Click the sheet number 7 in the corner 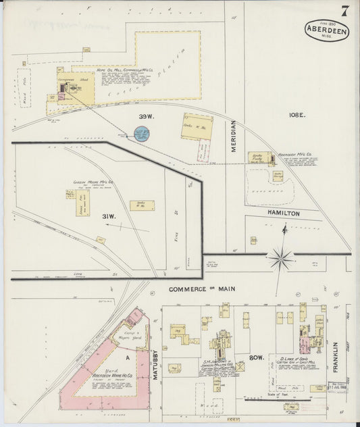pyautogui.click(x=344, y=11)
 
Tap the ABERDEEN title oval pyautogui.click(x=327, y=30)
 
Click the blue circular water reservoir pyautogui.click(x=141, y=133)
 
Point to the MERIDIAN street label pyautogui.click(x=233, y=135)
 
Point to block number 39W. pyautogui.click(x=147, y=116)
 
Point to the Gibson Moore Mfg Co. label pyautogui.click(x=93, y=182)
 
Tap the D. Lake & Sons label pyautogui.click(x=292, y=357)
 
